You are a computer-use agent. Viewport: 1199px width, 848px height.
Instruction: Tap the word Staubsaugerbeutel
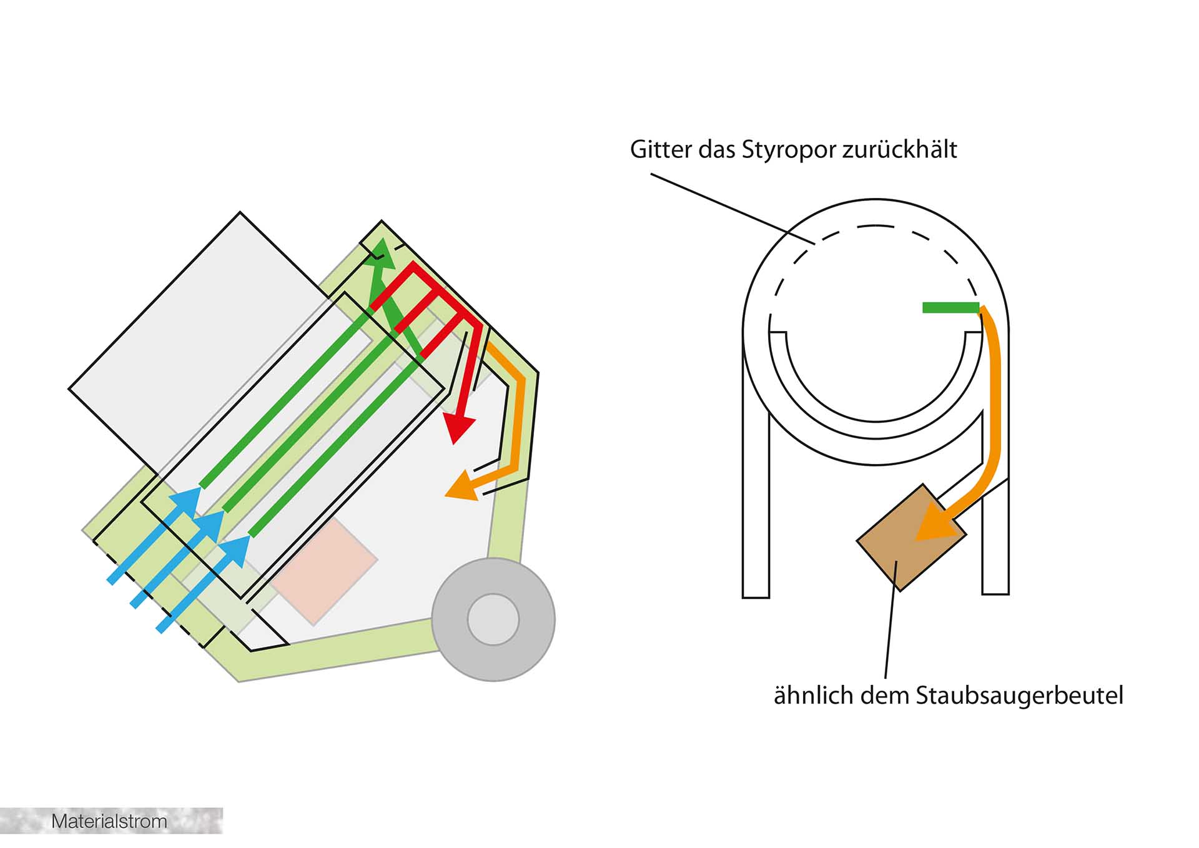(x=1019, y=696)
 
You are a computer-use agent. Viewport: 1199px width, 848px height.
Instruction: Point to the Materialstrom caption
(x=109, y=821)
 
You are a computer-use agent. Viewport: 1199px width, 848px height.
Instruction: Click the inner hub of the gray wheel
(x=493, y=619)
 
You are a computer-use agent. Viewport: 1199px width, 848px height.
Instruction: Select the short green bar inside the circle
(x=950, y=307)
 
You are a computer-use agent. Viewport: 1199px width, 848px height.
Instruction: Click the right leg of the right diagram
(x=995, y=537)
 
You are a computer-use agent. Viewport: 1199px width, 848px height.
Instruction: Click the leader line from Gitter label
(x=731, y=209)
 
